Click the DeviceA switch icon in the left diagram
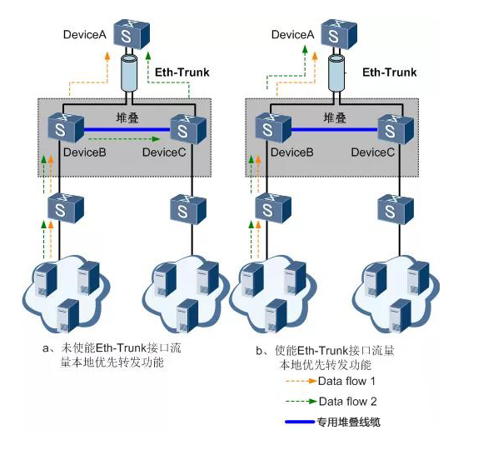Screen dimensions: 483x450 tap(132, 34)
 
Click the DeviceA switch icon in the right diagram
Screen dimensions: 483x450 tap(339, 34)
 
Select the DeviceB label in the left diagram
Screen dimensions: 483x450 tap(84, 152)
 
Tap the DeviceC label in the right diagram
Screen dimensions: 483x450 tap(373, 152)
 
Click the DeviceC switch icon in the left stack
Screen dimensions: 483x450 tap(188, 129)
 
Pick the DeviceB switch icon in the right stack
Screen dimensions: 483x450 tap(273, 127)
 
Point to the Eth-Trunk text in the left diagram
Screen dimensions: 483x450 tap(182, 72)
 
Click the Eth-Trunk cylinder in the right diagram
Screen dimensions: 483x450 tap(336, 73)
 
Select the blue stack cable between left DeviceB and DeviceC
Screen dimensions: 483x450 tap(127, 130)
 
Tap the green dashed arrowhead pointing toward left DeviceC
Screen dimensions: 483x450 tap(157, 139)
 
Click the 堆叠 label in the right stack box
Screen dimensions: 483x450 tap(335, 117)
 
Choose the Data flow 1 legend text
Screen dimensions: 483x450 tap(346, 382)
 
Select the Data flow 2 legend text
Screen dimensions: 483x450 tap(347, 402)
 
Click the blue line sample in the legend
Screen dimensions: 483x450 tap(300, 422)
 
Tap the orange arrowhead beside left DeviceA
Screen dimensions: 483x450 tap(107, 56)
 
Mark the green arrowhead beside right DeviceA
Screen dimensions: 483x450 tap(305, 50)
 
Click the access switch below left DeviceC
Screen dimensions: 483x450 tap(188, 210)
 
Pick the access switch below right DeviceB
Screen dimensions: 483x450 tap(273, 208)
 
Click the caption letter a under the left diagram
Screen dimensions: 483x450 tap(46, 348)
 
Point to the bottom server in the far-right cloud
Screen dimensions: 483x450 tap(400, 316)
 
